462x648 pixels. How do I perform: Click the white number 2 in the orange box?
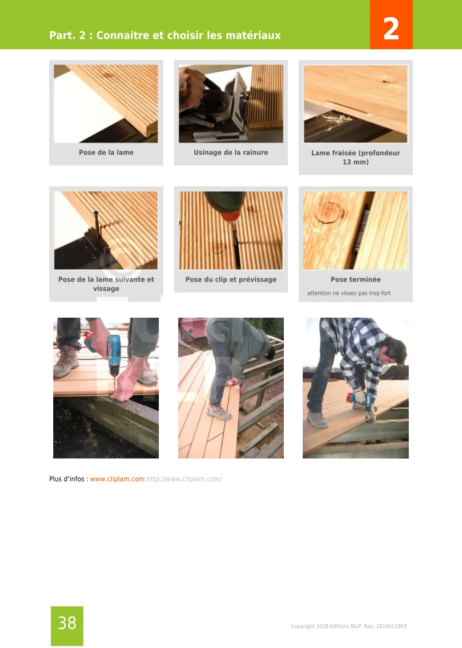pos(391,28)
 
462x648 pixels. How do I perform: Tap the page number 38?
pos(67,623)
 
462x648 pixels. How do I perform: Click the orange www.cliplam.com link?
pos(117,479)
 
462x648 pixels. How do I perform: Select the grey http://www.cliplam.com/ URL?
pos(184,479)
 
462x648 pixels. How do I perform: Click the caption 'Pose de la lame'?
pos(106,152)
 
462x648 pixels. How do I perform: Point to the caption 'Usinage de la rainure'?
pos(231,152)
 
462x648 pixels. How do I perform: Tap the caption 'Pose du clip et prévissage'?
pos(231,279)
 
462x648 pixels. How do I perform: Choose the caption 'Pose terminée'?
pos(356,279)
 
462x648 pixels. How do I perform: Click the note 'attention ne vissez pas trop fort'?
pos(349,293)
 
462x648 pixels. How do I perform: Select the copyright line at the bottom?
pos(349,626)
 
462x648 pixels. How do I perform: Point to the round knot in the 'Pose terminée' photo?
pos(328,213)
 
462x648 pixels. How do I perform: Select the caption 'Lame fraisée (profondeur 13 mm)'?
pos(356,157)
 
